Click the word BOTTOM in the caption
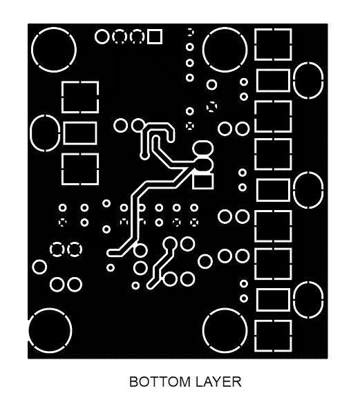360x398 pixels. [x=160, y=382]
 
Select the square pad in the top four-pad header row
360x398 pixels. [x=155, y=37]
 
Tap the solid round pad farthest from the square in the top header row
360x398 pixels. [x=102, y=37]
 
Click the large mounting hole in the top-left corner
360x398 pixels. [x=54, y=50]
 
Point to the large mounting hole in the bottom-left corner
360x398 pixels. [x=50, y=330]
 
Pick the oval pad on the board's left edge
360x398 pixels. [x=45, y=133]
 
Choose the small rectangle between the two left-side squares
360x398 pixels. [x=80, y=133]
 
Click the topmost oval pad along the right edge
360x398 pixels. [x=308, y=80]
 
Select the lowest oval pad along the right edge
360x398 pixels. [x=308, y=300]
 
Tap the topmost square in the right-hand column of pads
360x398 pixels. [x=273, y=45]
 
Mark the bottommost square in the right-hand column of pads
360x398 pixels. [x=273, y=336]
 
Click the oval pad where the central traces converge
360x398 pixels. [x=203, y=164]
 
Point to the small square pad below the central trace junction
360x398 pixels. [x=202, y=181]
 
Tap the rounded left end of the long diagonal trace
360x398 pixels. [x=111, y=253]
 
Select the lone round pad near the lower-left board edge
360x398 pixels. [x=39, y=267]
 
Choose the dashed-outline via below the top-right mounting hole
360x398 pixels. [x=211, y=106]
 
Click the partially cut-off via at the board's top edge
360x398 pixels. [x=190, y=32]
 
